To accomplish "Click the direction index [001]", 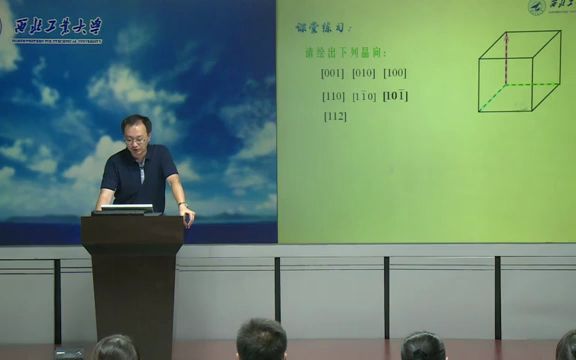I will (x=333, y=73).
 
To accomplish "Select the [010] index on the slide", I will (x=364, y=73).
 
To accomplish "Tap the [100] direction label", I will (x=395, y=73).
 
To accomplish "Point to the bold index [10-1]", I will (x=396, y=96).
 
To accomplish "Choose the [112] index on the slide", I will (x=335, y=116).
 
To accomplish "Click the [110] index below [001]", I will (x=333, y=96).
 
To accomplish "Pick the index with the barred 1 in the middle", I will (x=364, y=96).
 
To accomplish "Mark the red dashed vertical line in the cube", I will (x=506, y=58).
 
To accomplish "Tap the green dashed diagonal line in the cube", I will (x=492, y=97).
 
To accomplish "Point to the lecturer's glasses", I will (x=137, y=139).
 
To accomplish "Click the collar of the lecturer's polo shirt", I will (x=140, y=159).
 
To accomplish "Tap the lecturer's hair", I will (x=135, y=122).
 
